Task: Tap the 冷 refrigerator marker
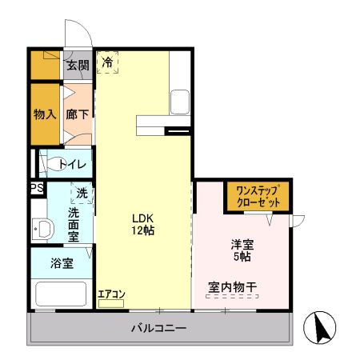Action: (107, 61)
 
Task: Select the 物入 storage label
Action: (45, 114)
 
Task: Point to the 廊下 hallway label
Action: (78, 114)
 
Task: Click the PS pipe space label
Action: (37, 189)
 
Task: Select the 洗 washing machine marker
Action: (82, 193)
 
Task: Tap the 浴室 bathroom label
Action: (62, 263)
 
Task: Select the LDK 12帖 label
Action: (143, 224)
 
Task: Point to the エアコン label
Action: (111, 294)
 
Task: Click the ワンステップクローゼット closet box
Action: (258, 196)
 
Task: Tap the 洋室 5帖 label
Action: (242, 250)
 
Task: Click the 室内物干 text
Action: (232, 286)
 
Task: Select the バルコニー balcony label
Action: (159, 329)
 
